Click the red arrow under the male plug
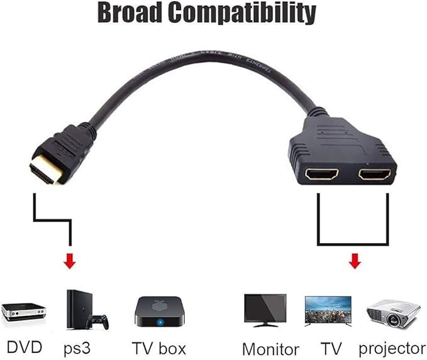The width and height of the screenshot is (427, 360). (70, 261)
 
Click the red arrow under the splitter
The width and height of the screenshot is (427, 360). (355, 259)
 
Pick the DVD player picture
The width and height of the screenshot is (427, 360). (24, 310)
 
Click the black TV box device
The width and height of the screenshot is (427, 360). (162, 312)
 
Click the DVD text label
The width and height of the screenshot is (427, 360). (24, 346)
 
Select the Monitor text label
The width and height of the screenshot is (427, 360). (270, 348)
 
